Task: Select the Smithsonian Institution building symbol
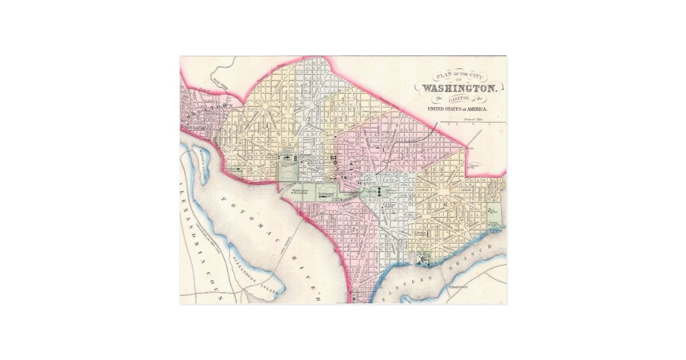pyautogui.click(x=329, y=196)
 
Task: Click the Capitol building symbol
pyautogui.click(x=379, y=191)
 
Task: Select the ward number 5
pyautogui.click(x=394, y=212)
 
